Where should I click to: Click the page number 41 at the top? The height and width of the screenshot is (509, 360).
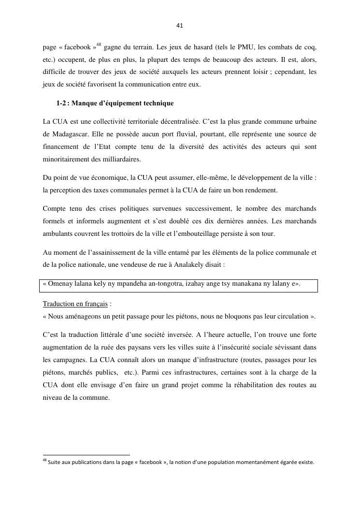tap(180, 26)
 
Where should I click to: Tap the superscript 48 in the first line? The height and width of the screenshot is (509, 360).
tap(99, 45)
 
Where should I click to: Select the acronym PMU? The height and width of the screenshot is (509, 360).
tap(244, 47)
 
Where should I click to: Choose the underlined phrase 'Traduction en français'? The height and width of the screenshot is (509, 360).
tap(75, 304)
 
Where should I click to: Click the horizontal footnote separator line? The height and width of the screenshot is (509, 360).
tap(86, 455)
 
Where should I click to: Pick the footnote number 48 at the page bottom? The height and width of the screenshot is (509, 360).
tap(44, 461)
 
